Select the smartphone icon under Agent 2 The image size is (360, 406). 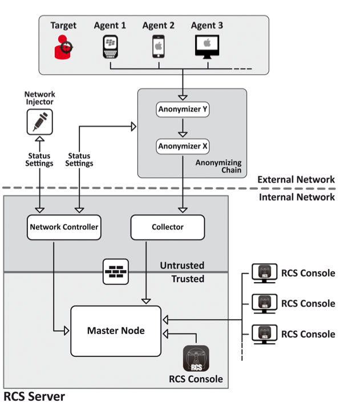coord(159,46)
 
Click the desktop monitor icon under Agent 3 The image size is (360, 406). coord(207,46)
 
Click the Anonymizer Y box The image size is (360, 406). coord(183,108)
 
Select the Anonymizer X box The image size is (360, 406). coord(183,147)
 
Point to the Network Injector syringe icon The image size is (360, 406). coord(39,122)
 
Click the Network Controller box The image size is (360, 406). coord(64,227)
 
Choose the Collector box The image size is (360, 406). coord(168,227)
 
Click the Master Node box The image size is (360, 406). coord(116,331)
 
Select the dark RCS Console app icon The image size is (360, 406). coord(196,359)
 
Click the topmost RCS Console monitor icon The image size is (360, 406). coord(264,273)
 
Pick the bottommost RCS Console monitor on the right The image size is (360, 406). coord(264,334)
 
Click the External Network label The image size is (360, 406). coord(296,180)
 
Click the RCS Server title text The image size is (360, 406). coord(34,396)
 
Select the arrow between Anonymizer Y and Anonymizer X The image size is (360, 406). coord(183,128)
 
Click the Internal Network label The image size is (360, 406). coord(297,197)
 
